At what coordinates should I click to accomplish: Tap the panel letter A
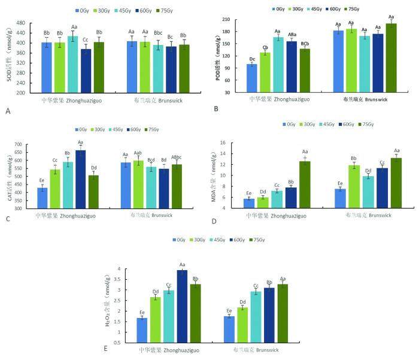pos(7,111)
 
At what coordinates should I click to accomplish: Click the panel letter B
pos(215,109)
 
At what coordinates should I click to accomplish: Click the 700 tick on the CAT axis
pos(17,145)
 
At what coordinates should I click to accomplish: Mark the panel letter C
pos(7,219)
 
